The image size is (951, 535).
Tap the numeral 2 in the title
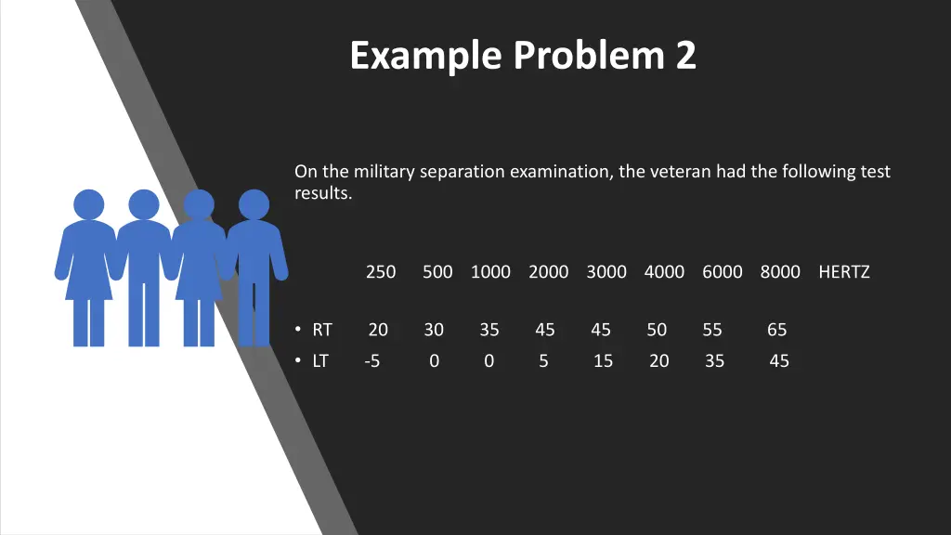[685, 57]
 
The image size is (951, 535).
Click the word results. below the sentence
[323, 194]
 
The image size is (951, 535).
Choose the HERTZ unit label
[844, 272]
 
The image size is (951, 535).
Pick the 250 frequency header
[381, 272]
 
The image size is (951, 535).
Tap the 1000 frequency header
[490, 272]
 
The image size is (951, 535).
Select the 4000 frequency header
[664, 272]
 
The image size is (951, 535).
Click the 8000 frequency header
[780, 272]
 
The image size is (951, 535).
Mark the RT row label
[322, 330]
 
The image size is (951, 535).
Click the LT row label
[320, 361]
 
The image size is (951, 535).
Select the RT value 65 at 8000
[777, 330]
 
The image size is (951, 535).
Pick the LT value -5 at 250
[371, 361]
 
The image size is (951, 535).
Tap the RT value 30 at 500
[434, 330]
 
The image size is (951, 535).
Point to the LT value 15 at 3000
[603, 361]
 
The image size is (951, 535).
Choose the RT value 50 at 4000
[657, 330]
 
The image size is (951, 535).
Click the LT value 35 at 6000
[714, 361]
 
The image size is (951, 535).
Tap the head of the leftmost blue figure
[88, 204]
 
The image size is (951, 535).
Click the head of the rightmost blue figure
[254, 204]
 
